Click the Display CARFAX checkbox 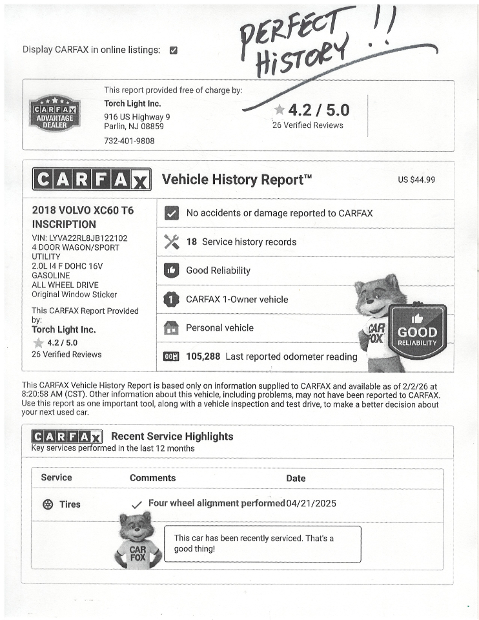(173, 50)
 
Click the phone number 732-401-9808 (129, 140)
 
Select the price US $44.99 (416, 180)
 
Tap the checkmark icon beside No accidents (172, 213)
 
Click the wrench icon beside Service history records (172, 242)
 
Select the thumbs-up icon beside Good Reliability (172, 271)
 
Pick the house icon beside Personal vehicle (172, 328)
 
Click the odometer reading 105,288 (203, 356)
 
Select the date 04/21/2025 (311, 504)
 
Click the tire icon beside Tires (48, 504)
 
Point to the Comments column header (152, 478)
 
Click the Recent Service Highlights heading (172, 437)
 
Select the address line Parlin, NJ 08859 (134, 127)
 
